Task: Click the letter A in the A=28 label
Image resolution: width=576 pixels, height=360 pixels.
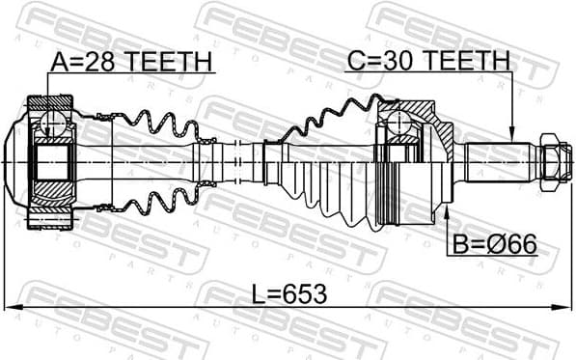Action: [x=59, y=63]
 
